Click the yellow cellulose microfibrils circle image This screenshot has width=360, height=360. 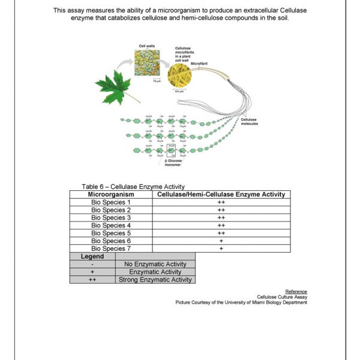[179, 76]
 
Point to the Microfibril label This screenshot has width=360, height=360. [199, 63]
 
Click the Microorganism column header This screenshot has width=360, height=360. [111, 194]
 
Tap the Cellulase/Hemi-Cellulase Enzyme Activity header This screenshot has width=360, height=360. [221, 194]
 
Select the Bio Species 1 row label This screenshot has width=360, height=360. [111, 202]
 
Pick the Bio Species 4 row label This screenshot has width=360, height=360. [111, 225]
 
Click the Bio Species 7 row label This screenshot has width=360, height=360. [111, 248]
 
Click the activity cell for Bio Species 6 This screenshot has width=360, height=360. [221, 241]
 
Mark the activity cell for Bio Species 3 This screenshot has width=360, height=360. [221, 218]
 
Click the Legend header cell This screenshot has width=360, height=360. [92, 256]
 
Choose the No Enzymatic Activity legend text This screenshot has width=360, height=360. [155, 264]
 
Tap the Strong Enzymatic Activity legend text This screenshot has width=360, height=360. [155, 280]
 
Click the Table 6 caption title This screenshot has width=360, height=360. [133, 187]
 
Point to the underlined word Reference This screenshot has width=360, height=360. [296, 292]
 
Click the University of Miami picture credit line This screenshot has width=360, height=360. [241, 302]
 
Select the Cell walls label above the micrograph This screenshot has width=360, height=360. [147, 46]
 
